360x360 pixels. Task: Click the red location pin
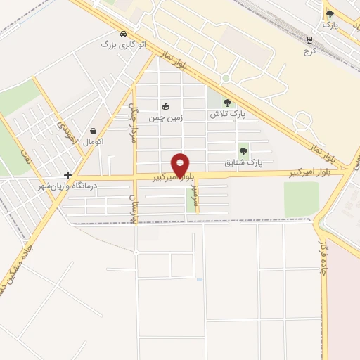[181, 165]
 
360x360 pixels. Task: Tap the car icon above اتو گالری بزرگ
[124, 34]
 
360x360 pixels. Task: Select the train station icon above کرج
[309, 40]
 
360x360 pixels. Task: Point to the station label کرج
[309, 51]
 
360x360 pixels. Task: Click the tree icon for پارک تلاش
[226, 103]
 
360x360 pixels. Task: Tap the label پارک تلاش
[226, 114]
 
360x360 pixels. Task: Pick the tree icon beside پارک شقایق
[243, 150]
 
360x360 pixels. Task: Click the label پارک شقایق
[243, 162]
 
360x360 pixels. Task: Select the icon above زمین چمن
[165, 107]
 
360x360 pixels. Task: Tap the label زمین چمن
[165, 118]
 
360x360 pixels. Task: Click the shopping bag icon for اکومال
[94, 131]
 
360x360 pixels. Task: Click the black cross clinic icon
[67, 175]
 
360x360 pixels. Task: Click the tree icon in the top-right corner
[330, 14]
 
